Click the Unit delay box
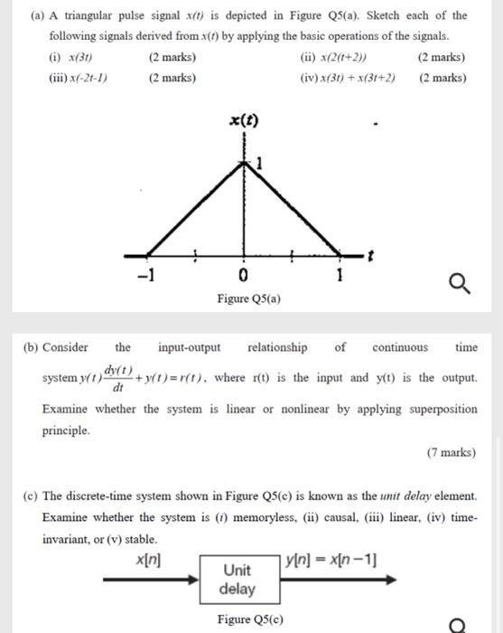(239, 580)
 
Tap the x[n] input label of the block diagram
(147, 560)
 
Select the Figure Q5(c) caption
(249, 619)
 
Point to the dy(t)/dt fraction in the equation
(119, 378)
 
